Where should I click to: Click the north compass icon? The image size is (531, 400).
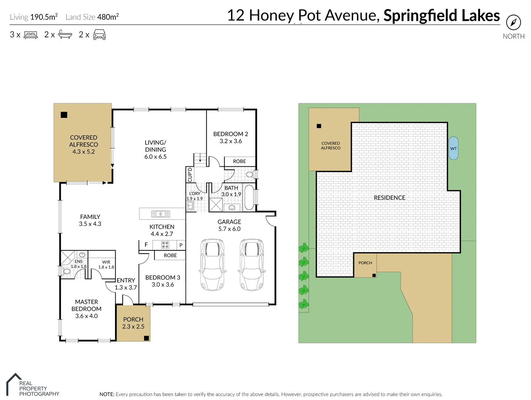513,23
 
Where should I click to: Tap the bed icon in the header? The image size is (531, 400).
31,35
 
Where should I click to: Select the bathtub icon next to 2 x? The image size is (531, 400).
65,35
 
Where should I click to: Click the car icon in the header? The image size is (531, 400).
99,35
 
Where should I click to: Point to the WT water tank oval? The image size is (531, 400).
453,148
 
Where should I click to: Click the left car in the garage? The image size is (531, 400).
212,264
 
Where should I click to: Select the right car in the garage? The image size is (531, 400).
252,264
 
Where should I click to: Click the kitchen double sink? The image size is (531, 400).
160,214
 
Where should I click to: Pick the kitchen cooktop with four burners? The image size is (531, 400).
165,245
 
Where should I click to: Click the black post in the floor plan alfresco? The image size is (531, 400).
64,115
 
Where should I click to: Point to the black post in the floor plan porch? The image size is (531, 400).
146,338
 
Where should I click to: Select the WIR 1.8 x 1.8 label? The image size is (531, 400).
106,264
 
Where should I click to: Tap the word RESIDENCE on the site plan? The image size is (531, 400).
389,198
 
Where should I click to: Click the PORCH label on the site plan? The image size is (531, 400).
365,263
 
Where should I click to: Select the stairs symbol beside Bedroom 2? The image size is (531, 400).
200,158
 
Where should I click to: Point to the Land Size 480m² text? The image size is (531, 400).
92,17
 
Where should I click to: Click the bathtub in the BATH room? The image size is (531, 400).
249,197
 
